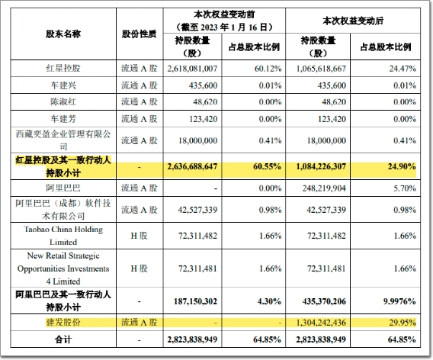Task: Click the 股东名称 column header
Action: pyautogui.click(x=63, y=34)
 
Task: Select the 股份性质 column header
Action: pyautogui.click(x=140, y=34)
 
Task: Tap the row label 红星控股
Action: pyautogui.click(x=63, y=68)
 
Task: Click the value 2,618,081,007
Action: pyautogui.click(x=192, y=69)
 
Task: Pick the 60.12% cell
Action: pyautogui.click(x=268, y=69)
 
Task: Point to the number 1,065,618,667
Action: pyautogui.click(x=321, y=69)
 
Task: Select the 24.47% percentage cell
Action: pyautogui.click(x=403, y=69)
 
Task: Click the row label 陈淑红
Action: pyautogui.click(x=63, y=101)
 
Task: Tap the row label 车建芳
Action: pyautogui.click(x=63, y=119)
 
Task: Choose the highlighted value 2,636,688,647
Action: pyautogui.click(x=192, y=166)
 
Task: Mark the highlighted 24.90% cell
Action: pyautogui.click(x=402, y=166)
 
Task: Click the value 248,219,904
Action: pyautogui.click(x=324, y=188)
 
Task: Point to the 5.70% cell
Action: pyautogui.click(x=405, y=188)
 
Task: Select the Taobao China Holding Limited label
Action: pyautogui.click(x=63, y=236)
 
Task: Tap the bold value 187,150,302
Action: pyautogui.click(x=195, y=301)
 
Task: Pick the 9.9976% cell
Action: pyautogui.click(x=399, y=301)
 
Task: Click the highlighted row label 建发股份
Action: pyautogui.click(x=63, y=323)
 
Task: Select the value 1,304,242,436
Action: pyautogui.click(x=321, y=323)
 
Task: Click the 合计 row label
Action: pyautogui.click(x=63, y=339)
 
